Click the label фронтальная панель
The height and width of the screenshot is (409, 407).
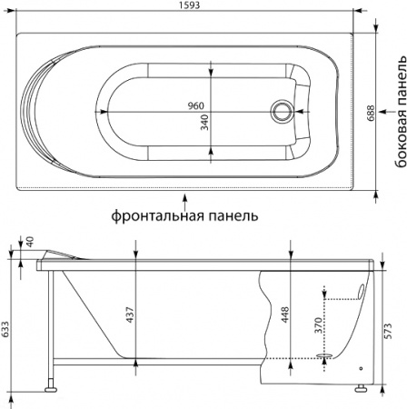click(x=185, y=216)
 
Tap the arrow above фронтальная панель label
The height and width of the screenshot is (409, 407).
click(x=185, y=196)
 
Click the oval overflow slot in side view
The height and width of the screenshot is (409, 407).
click(x=363, y=290)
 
